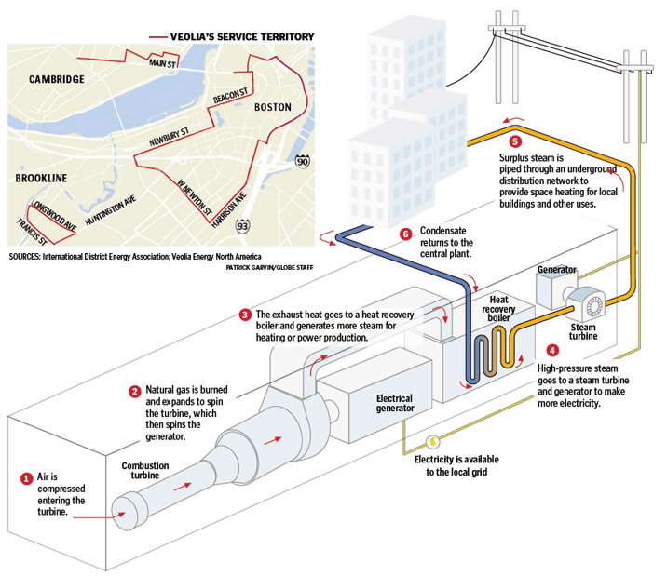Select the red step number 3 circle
[x=245, y=315]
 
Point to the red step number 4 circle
[x=552, y=351]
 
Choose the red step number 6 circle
[x=404, y=233]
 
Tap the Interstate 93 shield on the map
[x=242, y=224]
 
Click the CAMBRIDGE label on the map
[x=56, y=80]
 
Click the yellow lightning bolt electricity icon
[x=432, y=443]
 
